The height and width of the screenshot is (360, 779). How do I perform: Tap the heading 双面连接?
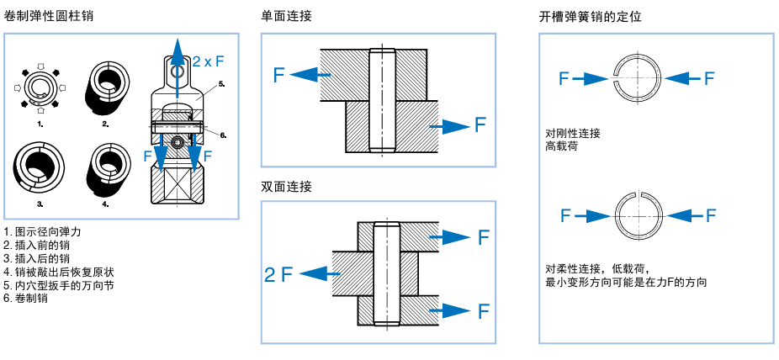coord(286,187)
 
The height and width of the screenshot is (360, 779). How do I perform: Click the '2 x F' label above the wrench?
coord(208,61)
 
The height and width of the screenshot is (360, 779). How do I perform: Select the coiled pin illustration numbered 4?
coord(105,167)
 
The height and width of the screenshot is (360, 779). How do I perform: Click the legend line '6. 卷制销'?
coord(26,298)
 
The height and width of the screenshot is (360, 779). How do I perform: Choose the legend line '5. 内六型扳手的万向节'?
coord(59,285)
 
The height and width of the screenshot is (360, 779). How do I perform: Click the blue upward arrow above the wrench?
coord(177,59)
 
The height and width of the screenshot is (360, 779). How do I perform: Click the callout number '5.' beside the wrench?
coord(220,85)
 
